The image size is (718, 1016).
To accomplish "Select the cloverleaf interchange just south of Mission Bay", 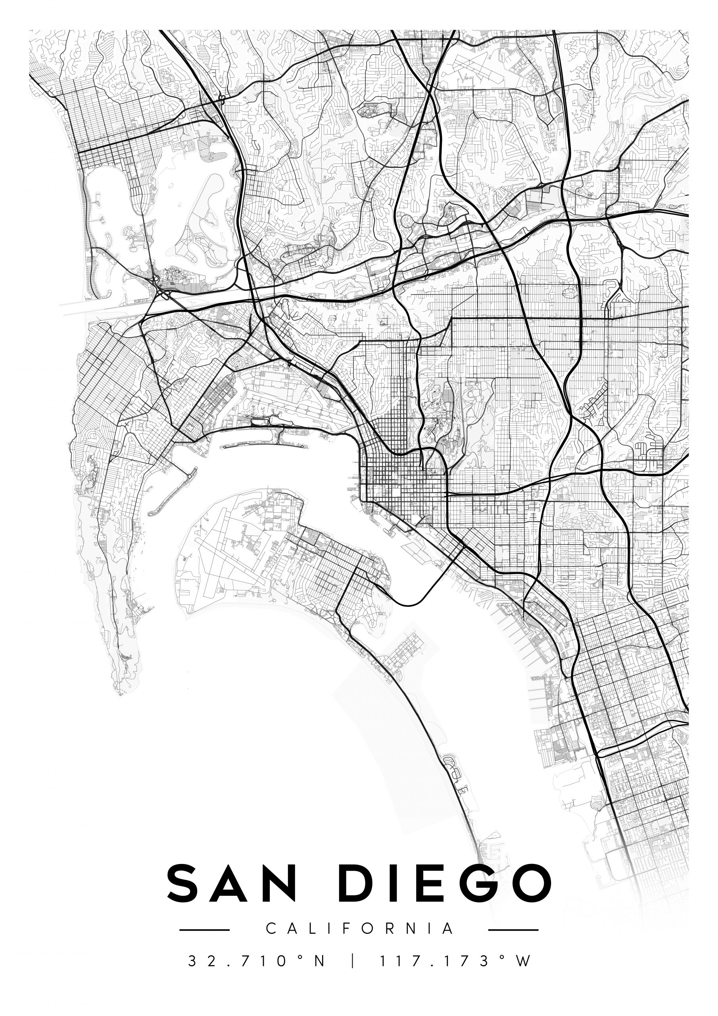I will click(156, 280).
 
